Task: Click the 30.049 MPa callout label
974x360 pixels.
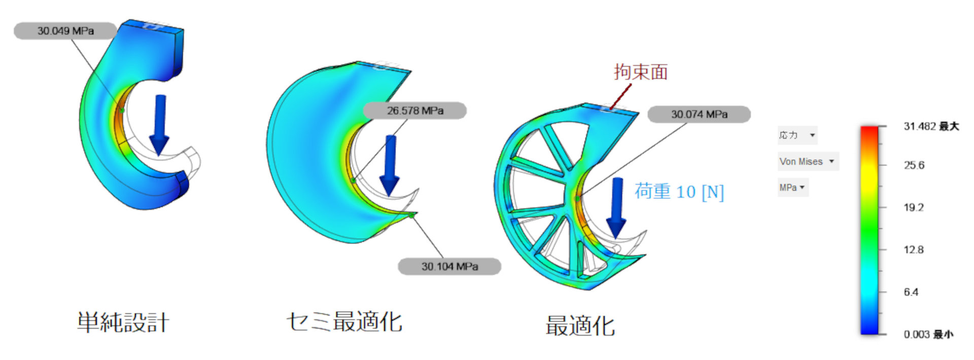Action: click(65, 31)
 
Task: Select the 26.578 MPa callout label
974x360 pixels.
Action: click(415, 111)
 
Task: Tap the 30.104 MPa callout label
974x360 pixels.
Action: click(449, 266)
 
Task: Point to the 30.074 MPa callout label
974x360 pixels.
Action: click(699, 114)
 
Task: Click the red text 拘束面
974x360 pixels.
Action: click(641, 72)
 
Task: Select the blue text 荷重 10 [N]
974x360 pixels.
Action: click(679, 191)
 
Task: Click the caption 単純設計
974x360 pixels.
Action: click(123, 322)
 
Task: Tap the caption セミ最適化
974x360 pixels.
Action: click(344, 321)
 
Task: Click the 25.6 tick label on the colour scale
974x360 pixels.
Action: click(914, 165)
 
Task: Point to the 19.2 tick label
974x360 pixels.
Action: click(914, 207)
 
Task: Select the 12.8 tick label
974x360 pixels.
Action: click(914, 249)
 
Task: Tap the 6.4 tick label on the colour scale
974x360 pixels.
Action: click(911, 292)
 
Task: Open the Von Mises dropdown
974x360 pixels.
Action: click(808, 161)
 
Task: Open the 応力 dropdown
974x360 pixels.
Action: click(797, 135)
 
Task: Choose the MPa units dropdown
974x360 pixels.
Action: click(793, 188)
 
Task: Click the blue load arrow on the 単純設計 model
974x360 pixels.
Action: click(160, 124)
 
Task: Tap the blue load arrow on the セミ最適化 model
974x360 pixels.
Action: click(390, 165)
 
